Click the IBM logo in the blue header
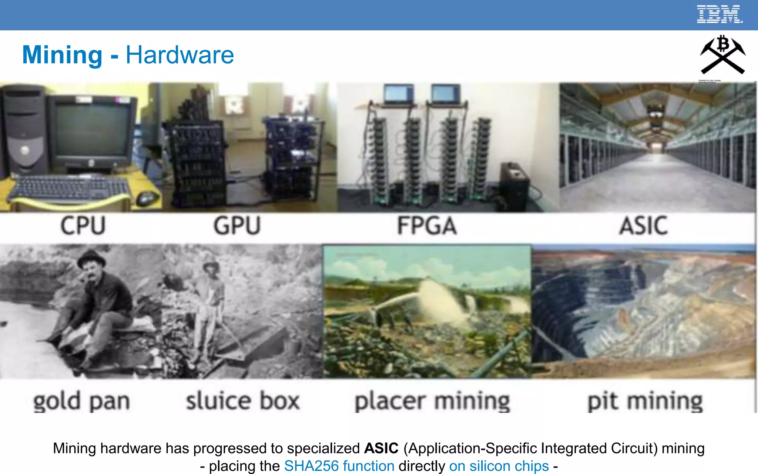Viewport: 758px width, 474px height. pos(719,14)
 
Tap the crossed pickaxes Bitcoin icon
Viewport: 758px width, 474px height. pos(722,55)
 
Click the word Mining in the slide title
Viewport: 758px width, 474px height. pos(62,55)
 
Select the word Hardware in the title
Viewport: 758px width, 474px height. pos(180,55)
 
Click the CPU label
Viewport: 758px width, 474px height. pos(83,226)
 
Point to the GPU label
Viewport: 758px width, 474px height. pos(237,226)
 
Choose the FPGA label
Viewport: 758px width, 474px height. pos(427,226)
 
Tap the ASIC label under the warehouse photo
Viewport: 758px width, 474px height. pos(644,226)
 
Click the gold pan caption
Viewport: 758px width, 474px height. pos(81,401)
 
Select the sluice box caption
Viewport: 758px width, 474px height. pos(242,401)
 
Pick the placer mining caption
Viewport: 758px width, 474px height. pos(432,401)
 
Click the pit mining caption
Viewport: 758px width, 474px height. pos(645,401)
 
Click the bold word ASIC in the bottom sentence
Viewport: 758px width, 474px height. pos(381,448)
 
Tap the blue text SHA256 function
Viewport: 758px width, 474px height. pos(339,466)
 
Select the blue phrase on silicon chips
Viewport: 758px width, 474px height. pos(499,466)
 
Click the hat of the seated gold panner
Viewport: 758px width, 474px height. pos(91,256)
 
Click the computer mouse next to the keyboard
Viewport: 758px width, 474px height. pos(147,199)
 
